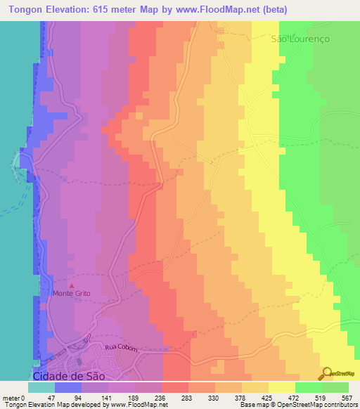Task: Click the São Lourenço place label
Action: click(x=301, y=39)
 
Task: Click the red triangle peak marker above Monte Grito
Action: click(x=70, y=284)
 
